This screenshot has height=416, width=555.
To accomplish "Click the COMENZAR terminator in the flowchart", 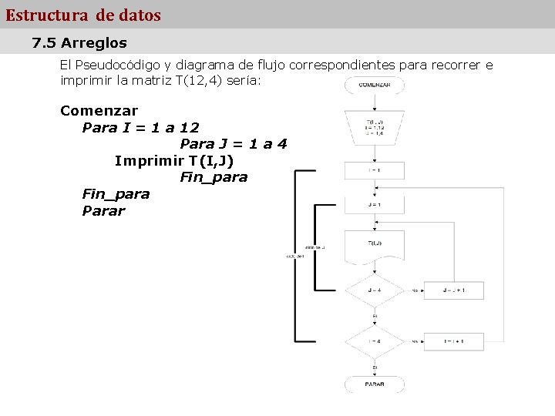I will tap(375, 85).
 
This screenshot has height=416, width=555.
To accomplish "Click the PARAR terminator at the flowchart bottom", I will tap(375, 383).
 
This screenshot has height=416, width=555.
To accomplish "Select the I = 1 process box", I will tap(375, 170).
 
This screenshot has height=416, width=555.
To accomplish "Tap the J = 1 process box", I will tap(375, 205).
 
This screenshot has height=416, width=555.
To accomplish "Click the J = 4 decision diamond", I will tap(375, 290).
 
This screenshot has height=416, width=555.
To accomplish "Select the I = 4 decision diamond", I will tap(375, 341).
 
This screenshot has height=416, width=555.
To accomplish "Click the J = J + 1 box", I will tap(453, 290).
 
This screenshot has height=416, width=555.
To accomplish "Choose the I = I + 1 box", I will tap(453, 341).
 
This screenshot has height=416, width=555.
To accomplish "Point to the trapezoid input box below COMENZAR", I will tap(375, 128).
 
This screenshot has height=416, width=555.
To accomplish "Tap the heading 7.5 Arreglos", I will tap(79, 43).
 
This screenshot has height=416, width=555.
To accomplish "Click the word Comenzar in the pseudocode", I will tap(99, 110).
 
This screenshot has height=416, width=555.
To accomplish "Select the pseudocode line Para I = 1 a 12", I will tap(140, 127).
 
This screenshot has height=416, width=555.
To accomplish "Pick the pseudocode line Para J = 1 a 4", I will tap(233, 144).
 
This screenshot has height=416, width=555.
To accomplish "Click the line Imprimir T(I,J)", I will tap(174, 160).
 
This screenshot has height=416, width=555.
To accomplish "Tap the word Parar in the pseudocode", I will tap(103, 210).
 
